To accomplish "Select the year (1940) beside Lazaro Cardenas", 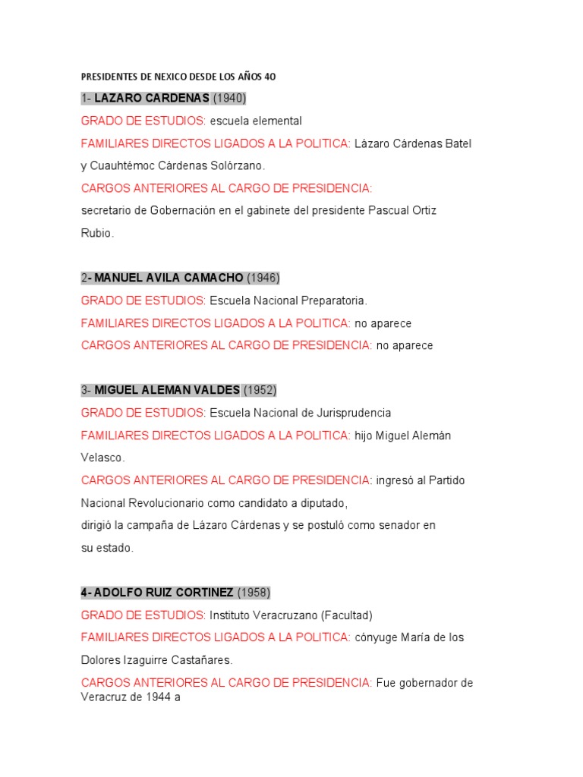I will pyautogui.click(x=229, y=99).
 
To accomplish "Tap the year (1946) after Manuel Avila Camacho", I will pyautogui.click(x=263, y=278).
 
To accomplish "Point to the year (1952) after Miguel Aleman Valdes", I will pyautogui.click(x=260, y=390).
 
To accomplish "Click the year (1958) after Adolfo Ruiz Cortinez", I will pyautogui.click(x=254, y=592).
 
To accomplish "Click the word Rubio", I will pyautogui.click(x=97, y=233).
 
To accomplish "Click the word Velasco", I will pyautogui.click(x=102, y=458).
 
